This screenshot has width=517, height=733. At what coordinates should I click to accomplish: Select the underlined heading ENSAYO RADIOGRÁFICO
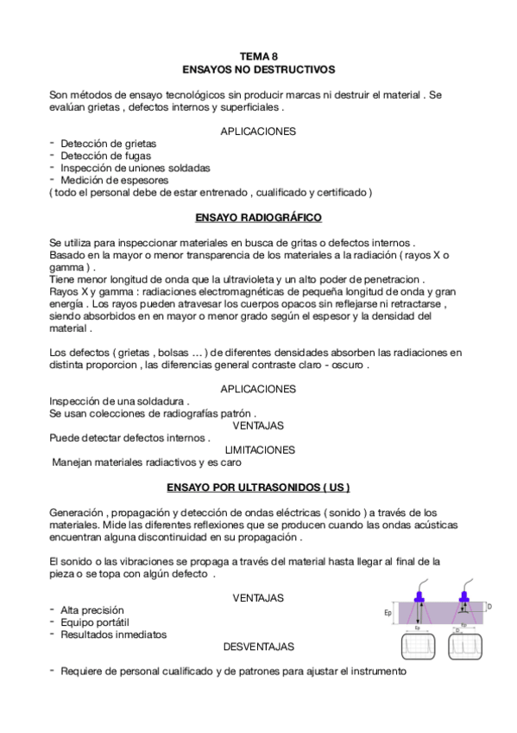259,217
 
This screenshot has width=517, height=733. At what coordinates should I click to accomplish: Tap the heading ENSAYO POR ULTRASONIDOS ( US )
259,488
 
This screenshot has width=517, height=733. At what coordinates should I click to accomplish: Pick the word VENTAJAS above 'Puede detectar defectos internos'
259,425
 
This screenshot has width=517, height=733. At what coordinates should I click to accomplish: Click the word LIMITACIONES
259,449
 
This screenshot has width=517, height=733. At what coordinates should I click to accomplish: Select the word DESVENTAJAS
259,647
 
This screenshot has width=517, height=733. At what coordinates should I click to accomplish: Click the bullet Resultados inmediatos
113,634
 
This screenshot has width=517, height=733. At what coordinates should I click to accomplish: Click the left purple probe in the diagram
419,597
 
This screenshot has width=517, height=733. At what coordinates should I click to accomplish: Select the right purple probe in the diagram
463,597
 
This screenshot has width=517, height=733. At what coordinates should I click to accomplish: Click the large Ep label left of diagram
388,614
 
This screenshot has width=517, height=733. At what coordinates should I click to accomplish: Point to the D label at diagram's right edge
489,607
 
